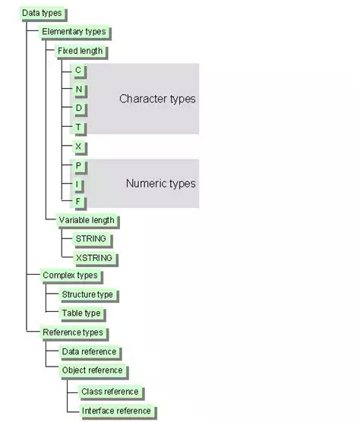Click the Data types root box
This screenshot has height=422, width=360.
(x=43, y=14)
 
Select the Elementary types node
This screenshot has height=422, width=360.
(x=75, y=32)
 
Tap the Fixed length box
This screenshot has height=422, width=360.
(x=81, y=51)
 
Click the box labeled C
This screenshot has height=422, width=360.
(x=79, y=71)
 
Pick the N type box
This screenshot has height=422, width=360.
(x=80, y=90)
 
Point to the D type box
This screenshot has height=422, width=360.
(x=80, y=109)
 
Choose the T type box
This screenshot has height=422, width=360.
(x=79, y=128)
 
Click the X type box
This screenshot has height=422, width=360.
(x=80, y=147)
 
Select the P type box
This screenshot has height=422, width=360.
(x=80, y=166)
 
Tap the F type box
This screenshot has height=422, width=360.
(x=79, y=202)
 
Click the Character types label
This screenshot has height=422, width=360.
(x=157, y=99)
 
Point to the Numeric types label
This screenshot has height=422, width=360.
(x=161, y=184)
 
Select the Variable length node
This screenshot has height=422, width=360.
(x=87, y=221)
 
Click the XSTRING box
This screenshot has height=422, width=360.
(x=95, y=258)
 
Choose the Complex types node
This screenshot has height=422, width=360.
(x=71, y=276)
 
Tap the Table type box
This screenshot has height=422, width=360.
(x=82, y=313)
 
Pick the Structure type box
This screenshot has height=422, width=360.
(x=89, y=294)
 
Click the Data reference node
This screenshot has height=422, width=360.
(x=90, y=352)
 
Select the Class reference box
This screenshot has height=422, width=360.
(x=111, y=392)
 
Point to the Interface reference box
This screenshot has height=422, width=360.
(x=118, y=411)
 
